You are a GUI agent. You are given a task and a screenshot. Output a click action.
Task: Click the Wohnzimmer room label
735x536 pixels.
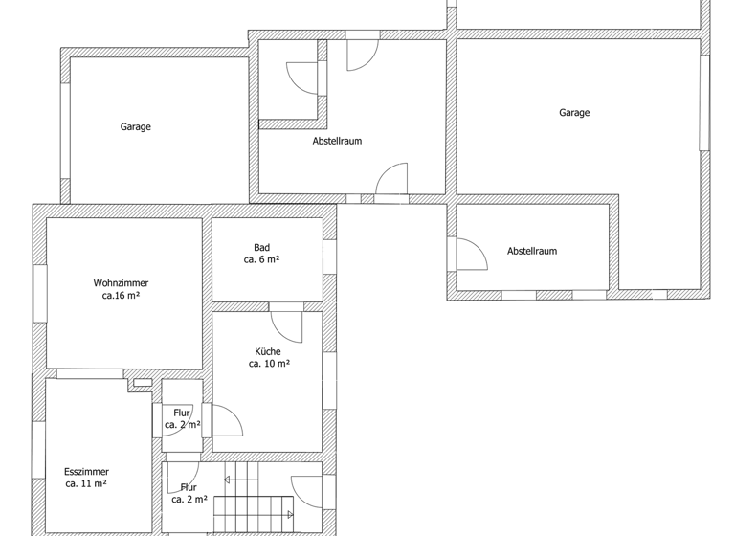(121, 283)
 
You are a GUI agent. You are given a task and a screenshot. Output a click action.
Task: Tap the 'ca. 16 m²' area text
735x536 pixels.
(121, 297)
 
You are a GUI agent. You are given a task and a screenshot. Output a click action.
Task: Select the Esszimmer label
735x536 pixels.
(86, 472)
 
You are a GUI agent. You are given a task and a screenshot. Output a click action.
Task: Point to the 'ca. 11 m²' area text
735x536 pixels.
(86, 484)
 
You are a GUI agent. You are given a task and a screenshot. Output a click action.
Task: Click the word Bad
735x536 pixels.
(261, 247)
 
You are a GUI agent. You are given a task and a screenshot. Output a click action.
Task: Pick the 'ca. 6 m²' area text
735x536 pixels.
(261, 259)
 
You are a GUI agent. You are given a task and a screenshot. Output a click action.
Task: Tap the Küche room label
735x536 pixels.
(268, 351)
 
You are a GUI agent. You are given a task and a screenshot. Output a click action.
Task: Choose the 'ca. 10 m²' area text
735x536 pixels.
(269, 364)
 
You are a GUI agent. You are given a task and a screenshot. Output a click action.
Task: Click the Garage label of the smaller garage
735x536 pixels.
(135, 126)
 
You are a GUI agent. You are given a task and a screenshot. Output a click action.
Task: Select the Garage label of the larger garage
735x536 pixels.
(574, 112)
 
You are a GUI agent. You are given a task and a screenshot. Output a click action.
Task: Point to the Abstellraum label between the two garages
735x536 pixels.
(337, 141)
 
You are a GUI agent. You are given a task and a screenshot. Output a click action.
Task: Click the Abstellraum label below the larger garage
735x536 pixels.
(532, 251)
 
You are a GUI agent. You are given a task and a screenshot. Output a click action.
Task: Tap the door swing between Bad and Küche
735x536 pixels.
(287, 324)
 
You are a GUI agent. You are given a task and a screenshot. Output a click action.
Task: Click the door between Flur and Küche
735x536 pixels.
(225, 421)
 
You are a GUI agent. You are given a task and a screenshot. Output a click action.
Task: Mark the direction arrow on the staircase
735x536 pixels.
(228, 480)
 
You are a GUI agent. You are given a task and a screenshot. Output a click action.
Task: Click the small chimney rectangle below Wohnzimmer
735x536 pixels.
(142, 383)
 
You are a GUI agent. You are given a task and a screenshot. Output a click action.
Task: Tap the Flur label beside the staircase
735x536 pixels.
(189, 487)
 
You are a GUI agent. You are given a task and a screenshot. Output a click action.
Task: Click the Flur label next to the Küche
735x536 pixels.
(182, 413)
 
